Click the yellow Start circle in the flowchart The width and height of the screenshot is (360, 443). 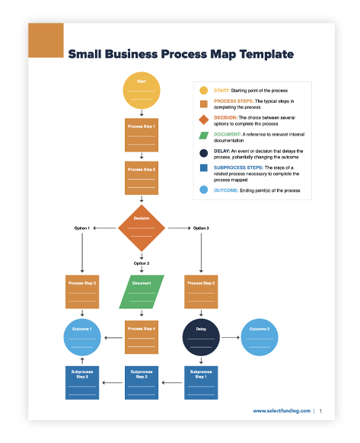pos(142,91)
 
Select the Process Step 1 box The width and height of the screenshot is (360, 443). pos(142,135)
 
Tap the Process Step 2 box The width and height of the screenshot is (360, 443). pos(142,178)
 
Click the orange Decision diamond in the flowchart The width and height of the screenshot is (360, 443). pos(142,228)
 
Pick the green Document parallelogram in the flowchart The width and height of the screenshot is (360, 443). pos(142,292)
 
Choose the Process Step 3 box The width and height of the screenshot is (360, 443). pos(82,292)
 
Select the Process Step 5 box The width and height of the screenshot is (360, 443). pos(201,292)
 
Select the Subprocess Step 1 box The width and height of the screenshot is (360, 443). pos(201,383)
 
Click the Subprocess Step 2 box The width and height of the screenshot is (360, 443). pos(142,383)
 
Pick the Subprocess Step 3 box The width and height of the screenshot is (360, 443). pos(82,383)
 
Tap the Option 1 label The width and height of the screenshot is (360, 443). pos(82,228)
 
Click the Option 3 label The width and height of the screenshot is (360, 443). pos(201,228)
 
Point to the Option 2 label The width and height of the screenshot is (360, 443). pos(142,263)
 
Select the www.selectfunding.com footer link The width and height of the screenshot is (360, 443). pos(282,411)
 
